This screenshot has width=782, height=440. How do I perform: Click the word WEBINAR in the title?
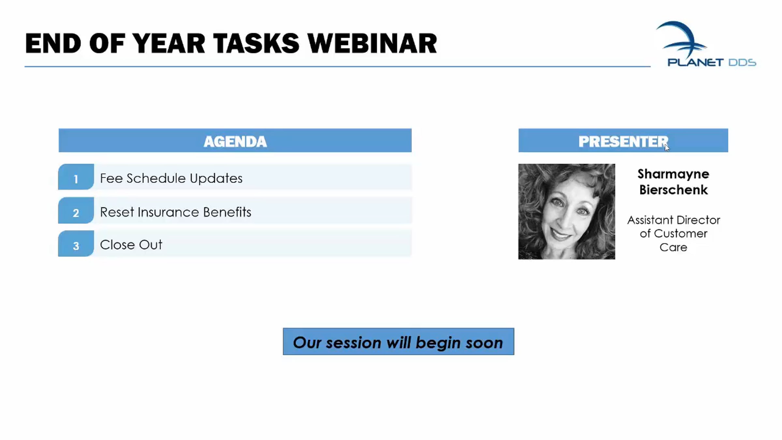point(372,43)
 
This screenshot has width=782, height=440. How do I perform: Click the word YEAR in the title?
point(168,43)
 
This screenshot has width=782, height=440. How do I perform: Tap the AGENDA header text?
point(235,141)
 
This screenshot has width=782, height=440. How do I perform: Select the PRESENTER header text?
point(623,141)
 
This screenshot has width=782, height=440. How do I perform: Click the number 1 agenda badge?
point(76,177)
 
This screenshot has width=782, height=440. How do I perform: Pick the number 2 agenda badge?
point(76,211)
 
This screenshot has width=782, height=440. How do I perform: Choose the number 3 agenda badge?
point(76,244)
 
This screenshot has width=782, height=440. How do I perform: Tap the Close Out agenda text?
point(131,245)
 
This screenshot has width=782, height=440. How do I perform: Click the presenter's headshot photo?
point(567,212)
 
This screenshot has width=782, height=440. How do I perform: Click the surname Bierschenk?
point(673,190)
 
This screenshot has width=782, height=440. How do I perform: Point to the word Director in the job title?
point(698,220)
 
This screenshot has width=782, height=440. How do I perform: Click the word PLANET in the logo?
point(695,62)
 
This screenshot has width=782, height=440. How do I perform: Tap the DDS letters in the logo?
point(742,62)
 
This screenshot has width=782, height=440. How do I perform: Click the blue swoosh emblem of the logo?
point(681,39)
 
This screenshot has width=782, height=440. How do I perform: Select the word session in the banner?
point(354,343)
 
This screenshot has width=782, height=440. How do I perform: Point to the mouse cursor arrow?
point(667,147)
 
